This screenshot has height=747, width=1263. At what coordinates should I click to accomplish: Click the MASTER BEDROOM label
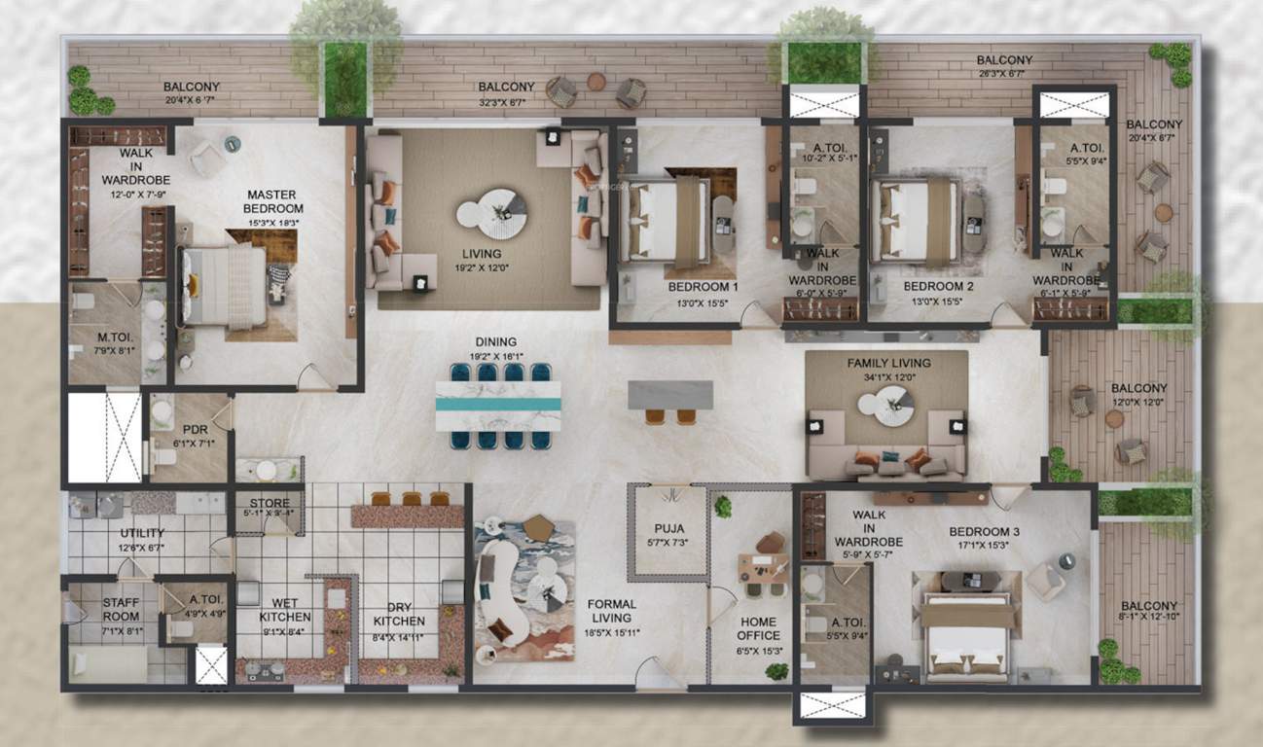(273, 201)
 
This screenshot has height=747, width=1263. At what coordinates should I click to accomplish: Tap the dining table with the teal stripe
(498, 406)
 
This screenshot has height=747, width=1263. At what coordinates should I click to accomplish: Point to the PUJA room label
(669, 528)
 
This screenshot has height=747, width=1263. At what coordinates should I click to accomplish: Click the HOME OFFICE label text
(757, 628)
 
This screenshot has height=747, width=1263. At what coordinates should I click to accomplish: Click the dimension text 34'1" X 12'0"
(887, 376)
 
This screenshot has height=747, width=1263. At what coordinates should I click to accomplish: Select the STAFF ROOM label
(121, 610)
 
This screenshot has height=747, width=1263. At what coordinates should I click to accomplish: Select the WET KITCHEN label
(285, 610)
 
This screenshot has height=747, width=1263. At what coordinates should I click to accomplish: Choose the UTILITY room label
(142, 533)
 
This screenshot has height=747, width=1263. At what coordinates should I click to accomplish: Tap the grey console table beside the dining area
(669, 394)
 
